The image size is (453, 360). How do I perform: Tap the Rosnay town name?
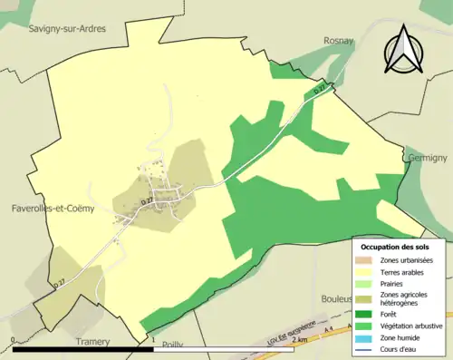coord(339,41)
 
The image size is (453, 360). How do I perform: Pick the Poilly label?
coord(172,345)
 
